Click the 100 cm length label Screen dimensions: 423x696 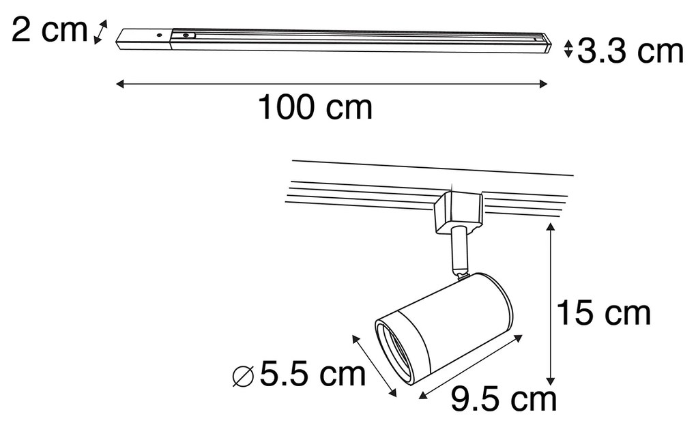pyautogui.click(x=315, y=108)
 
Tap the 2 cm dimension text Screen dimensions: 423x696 pyautogui.click(x=49, y=31)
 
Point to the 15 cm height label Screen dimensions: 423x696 pyautogui.click(x=603, y=314)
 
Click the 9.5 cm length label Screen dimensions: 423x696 pyautogui.click(x=504, y=400)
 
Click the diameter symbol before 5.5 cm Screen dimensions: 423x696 pyautogui.click(x=243, y=375)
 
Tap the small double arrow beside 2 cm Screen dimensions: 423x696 pyautogui.click(x=100, y=32)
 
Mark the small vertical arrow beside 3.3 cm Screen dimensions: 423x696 pyautogui.click(x=568, y=50)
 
